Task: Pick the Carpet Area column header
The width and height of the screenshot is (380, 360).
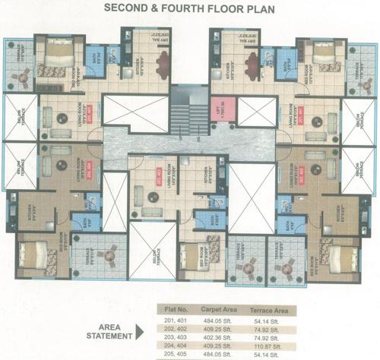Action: (221, 310)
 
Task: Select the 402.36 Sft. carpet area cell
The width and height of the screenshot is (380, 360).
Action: (220, 336)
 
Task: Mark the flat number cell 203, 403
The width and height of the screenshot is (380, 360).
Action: (172, 336)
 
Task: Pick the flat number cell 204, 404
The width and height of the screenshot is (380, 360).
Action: (172, 345)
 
